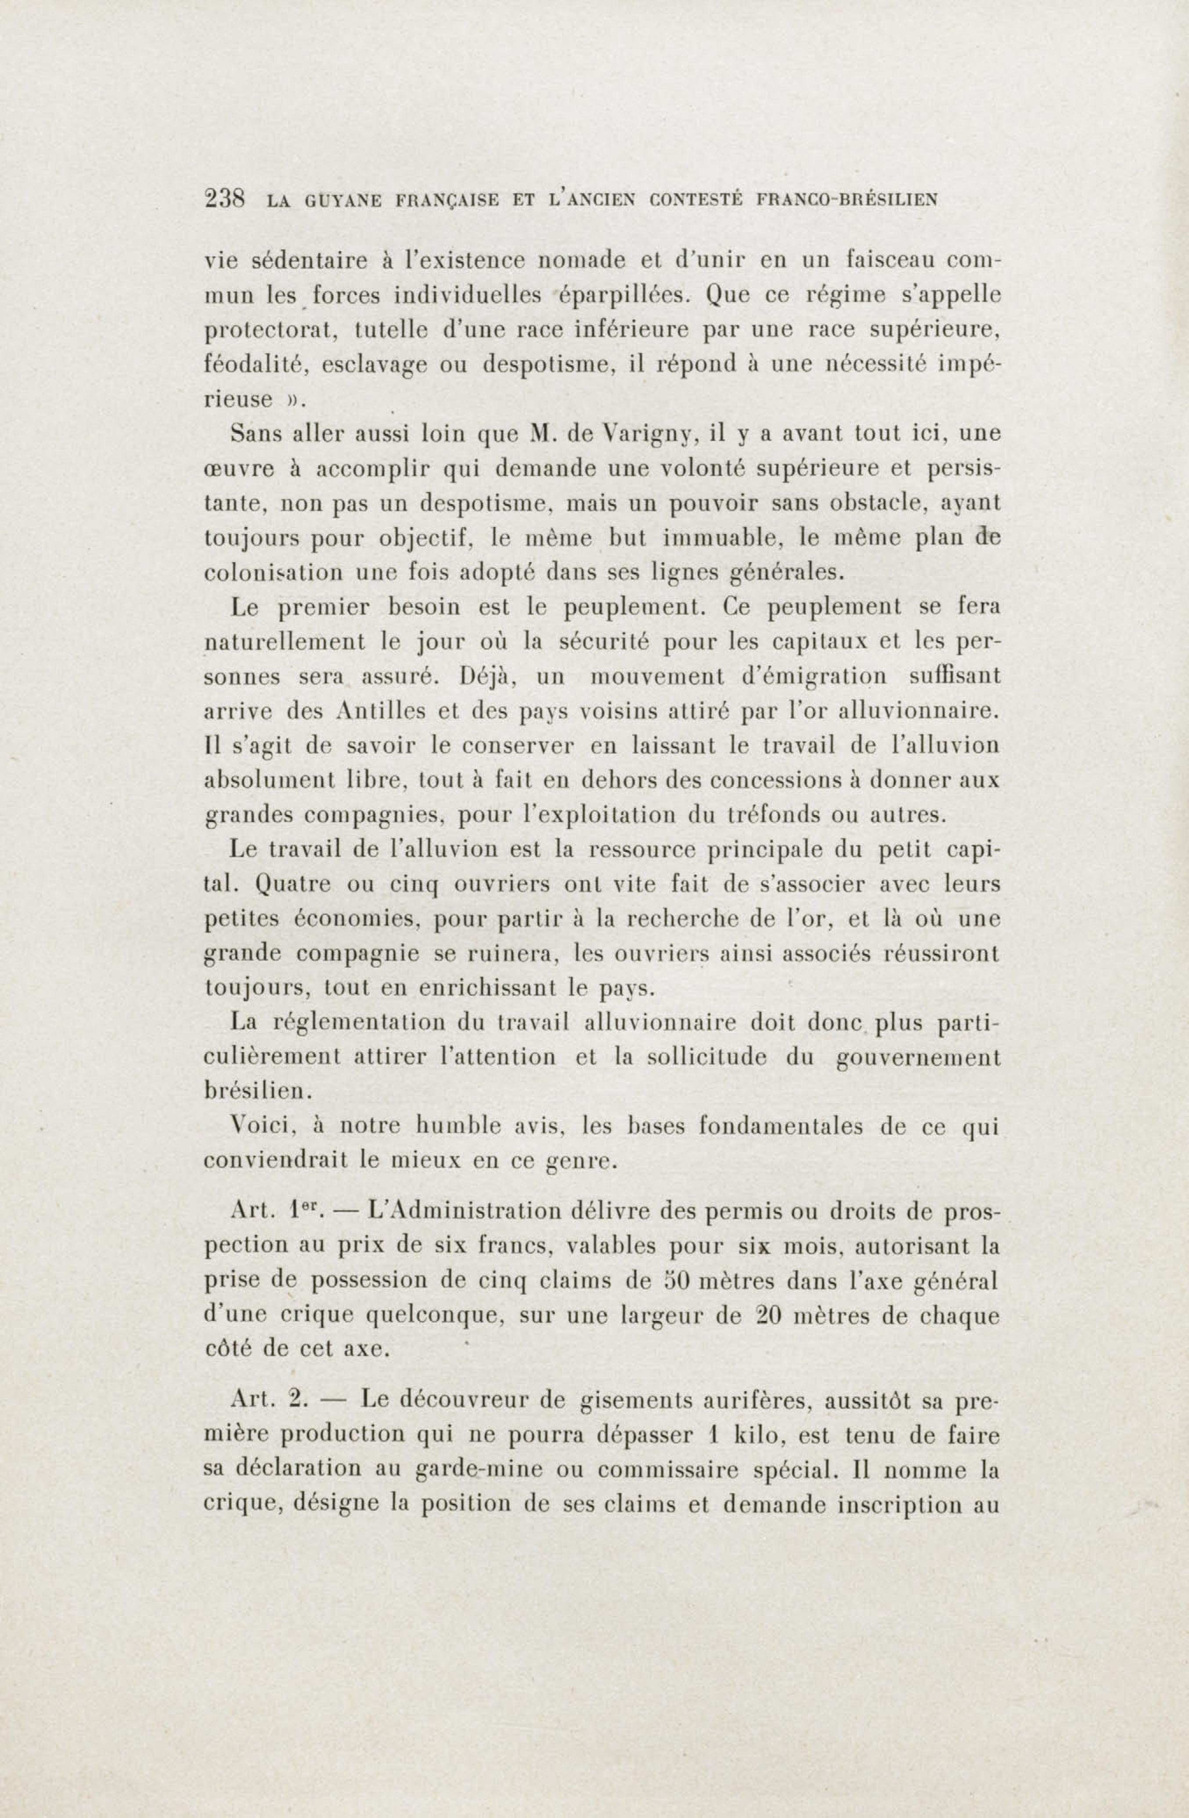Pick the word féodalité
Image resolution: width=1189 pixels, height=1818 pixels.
[x=255, y=365]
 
